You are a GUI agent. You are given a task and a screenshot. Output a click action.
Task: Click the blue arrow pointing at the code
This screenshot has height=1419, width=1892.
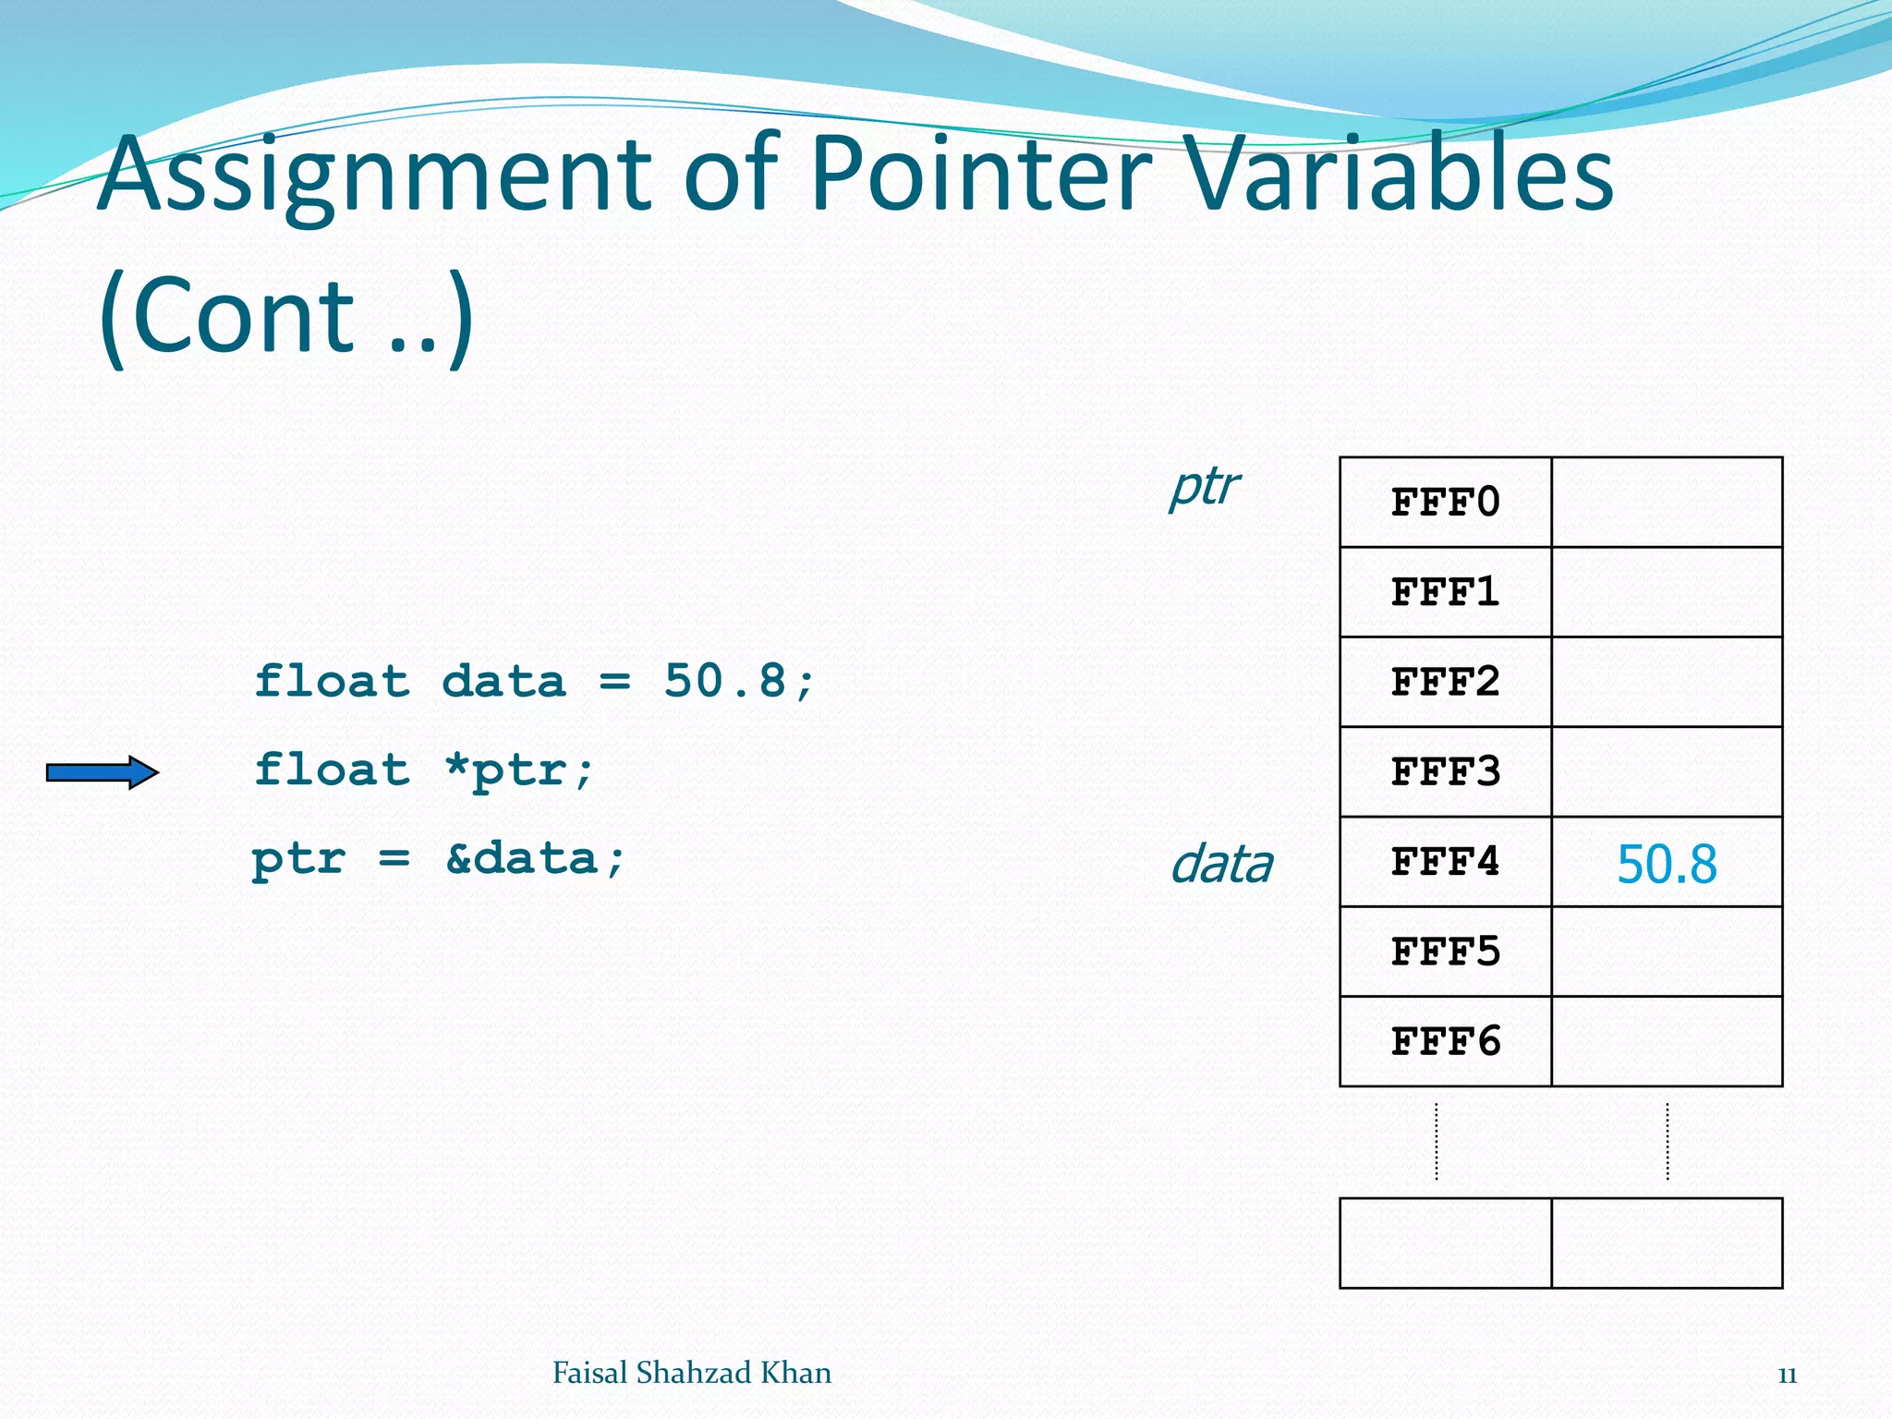pyautogui.click(x=102, y=772)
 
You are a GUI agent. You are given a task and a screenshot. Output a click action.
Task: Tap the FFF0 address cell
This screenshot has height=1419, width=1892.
pyautogui.click(x=1445, y=503)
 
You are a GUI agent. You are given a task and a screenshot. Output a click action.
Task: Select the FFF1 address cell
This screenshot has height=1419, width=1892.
pyautogui.click(x=1445, y=592)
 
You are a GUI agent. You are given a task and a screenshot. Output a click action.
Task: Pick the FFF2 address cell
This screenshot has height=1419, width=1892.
pyautogui.click(x=1445, y=682)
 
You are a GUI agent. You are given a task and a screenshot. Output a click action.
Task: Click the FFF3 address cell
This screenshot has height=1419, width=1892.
pyautogui.click(x=1445, y=771)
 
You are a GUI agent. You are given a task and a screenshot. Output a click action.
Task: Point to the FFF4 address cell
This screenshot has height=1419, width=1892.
pyautogui.click(x=1445, y=862)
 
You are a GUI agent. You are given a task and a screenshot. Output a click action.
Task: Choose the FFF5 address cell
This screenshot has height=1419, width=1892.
pyautogui.click(x=1445, y=952)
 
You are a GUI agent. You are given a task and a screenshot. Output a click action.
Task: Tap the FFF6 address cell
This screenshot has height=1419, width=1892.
pyautogui.click(x=1445, y=1041)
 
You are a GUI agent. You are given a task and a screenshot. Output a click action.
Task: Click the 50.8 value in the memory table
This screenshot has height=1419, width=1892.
pyautogui.click(x=1667, y=865)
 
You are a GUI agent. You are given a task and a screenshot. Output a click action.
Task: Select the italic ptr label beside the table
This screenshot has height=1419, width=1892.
pyautogui.click(x=1204, y=486)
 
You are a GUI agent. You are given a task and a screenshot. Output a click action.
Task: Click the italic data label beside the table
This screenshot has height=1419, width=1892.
pyautogui.click(x=1221, y=865)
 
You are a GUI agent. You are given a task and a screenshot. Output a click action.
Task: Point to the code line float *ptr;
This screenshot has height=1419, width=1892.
pyautogui.click(x=424, y=770)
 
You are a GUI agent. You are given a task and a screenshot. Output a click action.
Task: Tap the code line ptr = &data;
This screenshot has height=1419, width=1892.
pyautogui.click(x=439, y=859)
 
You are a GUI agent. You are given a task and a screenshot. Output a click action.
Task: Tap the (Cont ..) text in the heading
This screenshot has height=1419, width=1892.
pyautogui.click(x=286, y=316)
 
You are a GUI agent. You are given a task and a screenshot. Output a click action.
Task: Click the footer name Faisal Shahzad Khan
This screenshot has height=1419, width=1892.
pyautogui.click(x=691, y=1373)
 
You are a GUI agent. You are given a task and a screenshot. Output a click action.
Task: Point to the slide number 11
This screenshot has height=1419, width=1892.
pyautogui.click(x=1787, y=1376)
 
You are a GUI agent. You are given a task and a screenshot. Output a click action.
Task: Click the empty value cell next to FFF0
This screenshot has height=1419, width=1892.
pyautogui.click(x=1667, y=503)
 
